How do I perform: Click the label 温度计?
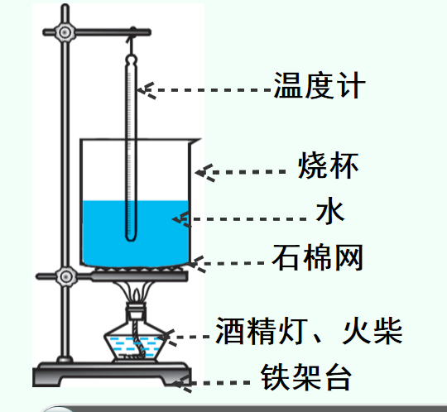[320, 85]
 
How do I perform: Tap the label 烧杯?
[328, 165]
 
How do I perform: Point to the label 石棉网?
[318, 257]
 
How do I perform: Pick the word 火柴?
[372, 331]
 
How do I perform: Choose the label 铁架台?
[306, 376]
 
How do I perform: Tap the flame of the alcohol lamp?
[137, 295]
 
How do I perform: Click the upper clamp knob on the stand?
[65, 32]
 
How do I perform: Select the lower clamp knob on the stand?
[66, 276]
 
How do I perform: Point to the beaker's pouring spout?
[195, 141]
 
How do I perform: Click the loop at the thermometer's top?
[132, 60]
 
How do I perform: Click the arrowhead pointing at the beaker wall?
[204, 173]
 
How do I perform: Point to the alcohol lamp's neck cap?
[137, 311]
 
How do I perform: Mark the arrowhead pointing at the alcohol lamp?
[167, 338]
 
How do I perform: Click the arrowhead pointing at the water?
[181, 219]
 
